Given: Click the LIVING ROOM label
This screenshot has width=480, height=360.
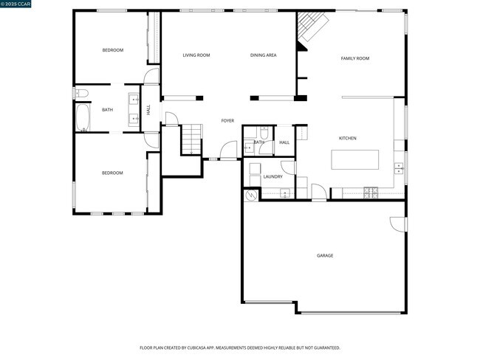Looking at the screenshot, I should point(196,55).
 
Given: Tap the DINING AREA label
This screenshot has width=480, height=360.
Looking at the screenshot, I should point(263,55).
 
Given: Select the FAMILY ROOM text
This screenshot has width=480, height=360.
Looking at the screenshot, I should point(354,58).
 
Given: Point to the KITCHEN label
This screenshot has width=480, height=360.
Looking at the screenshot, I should point(347,139).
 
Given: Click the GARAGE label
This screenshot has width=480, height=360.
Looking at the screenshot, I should point(325,256).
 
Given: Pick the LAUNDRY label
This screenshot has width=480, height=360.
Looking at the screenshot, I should point(272,176).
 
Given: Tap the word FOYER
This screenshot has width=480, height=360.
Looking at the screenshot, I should point(227,120).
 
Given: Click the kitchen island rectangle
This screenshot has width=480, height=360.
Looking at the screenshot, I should point(355,159).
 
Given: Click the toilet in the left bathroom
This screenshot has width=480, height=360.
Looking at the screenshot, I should point(81,94).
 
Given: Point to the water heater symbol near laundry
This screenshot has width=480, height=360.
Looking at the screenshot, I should point(251,195).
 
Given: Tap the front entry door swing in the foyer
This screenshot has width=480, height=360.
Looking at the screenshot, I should point(228,150).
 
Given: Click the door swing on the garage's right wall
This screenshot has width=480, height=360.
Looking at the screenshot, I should point(398,224).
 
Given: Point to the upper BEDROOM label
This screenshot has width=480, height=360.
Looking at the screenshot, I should point(112,50).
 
